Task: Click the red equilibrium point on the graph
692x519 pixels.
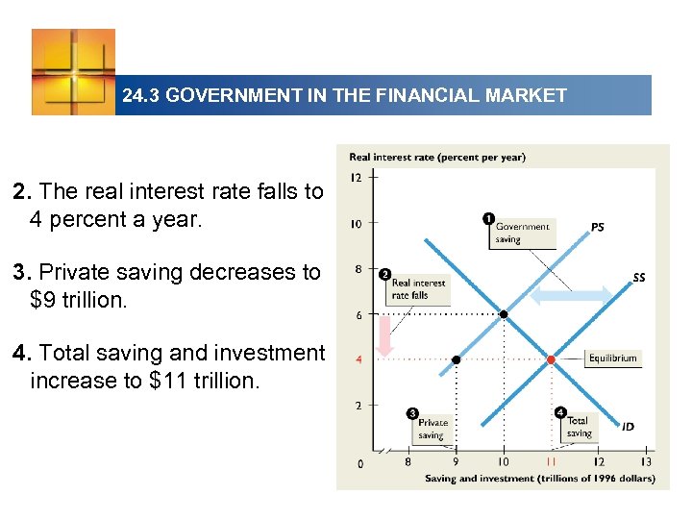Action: coord(551,359)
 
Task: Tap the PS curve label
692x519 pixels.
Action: coord(597,228)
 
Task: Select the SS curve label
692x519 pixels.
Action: coord(639,278)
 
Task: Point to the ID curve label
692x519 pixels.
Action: coord(628,427)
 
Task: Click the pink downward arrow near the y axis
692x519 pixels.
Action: coord(384,336)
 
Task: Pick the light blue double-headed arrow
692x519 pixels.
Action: coord(571,296)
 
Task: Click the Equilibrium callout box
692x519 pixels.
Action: coord(612,358)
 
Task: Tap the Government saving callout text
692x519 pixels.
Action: coord(522,233)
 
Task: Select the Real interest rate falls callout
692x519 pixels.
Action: coord(418,288)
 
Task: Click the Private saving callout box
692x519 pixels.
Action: coord(432,429)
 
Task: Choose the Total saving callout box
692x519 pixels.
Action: coord(578,427)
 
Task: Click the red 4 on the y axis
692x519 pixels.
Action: coord(359,360)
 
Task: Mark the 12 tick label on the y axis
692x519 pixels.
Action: coord(357,178)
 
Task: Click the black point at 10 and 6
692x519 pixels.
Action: coord(504,313)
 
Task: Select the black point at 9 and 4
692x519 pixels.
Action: coord(457,359)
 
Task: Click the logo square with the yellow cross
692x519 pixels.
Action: coord(73,71)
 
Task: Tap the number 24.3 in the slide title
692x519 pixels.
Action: coord(141,96)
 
